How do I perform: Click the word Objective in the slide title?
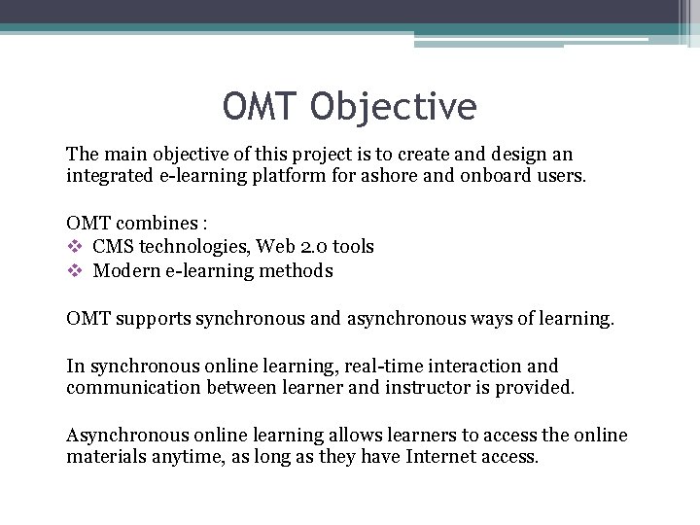[394, 107]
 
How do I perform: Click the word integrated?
[108, 176]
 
